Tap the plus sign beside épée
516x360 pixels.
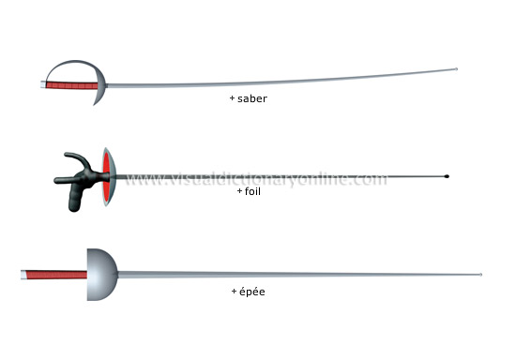pyautogui.click(x=234, y=292)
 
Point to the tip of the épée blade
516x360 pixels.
pyautogui.click(x=481, y=275)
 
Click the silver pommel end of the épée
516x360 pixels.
pyautogui.click(x=23, y=276)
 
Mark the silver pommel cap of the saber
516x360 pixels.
pyautogui.click(x=42, y=84)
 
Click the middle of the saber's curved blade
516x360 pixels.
pyautogui.click(x=281, y=82)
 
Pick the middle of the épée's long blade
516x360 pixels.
pyautogui.click(x=300, y=275)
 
